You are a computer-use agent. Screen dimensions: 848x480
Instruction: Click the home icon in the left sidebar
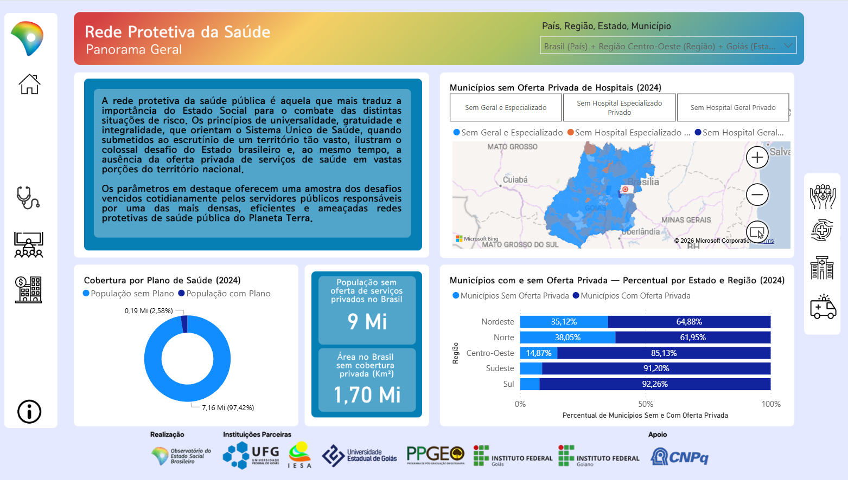[x=29, y=85]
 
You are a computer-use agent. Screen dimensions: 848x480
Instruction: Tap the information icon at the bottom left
[x=29, y=412]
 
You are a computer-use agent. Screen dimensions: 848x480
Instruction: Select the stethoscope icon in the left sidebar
[x=28, y=198]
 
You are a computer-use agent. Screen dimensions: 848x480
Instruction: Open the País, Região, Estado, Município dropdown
[x=668, y=46]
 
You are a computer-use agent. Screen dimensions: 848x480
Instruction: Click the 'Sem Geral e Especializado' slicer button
[x=506, y=108]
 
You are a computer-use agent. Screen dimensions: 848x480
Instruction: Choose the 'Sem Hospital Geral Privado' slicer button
[x=732, y=108]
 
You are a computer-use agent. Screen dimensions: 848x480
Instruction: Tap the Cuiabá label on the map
[x=515, y=180]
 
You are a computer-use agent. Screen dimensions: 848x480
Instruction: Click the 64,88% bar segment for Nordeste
[x=689, y=322]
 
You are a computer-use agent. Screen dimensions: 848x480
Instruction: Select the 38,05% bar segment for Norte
[x=568, y=338]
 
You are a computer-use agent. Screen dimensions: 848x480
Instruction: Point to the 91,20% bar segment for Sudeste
[x=656, y=368]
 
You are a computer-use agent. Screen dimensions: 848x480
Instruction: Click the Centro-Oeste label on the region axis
[x=490, y=353]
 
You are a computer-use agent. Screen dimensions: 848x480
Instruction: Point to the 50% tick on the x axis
[x=646, y=404]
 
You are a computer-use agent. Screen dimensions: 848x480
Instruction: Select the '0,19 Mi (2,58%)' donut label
[x=149, y=311]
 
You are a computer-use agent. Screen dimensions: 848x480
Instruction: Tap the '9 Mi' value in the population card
[x=367, y=321]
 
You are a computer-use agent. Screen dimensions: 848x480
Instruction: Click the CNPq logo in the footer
[x=679, y=457]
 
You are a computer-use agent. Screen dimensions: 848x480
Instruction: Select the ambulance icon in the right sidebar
[x=823, y=307]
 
